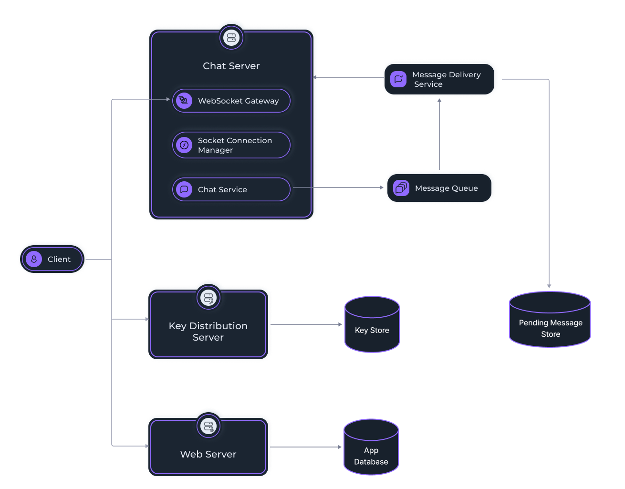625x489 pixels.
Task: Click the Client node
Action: point(52,259)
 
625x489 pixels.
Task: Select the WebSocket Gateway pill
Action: point(231,101)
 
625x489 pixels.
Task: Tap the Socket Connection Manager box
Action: point(231,145)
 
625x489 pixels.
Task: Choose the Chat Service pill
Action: point(231,189)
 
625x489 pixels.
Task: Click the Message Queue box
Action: point(439,188)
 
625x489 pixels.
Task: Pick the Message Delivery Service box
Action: point(440,79)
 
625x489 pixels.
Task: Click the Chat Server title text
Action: point(231,66)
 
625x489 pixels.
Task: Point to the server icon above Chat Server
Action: point(231,38)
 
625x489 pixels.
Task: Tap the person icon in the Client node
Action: point(34,259)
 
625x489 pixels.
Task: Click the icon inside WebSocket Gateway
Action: point(184,101)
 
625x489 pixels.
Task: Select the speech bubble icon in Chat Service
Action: point(184,189)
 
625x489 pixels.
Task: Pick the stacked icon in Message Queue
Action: point(401,188)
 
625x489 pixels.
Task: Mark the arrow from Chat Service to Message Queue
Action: point(339,187)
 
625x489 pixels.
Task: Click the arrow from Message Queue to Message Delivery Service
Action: point(439,134)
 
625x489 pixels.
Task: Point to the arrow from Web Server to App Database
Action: point(308,447)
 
